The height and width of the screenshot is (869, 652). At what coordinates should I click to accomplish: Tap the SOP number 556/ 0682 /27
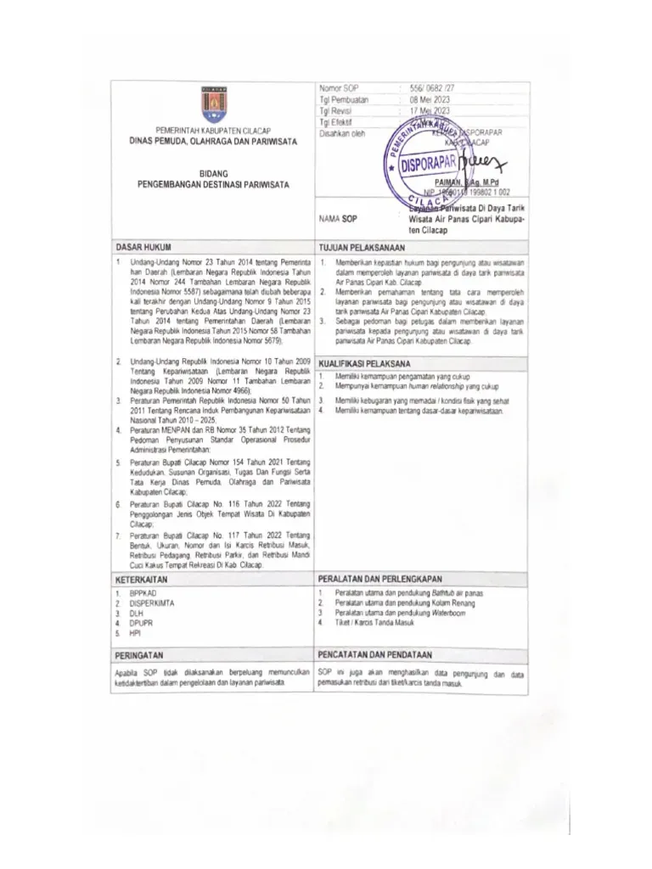coord(433,88)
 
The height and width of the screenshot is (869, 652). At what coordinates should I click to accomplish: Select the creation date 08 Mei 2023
coord(430,99)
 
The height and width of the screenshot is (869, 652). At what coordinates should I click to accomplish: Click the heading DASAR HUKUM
coord(143,244)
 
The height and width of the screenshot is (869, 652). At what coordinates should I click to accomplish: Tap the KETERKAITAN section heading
coord(142,577)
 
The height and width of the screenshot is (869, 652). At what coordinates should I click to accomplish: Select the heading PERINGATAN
coord(139,655)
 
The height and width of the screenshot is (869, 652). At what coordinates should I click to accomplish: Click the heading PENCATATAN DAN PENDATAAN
coord(374,655)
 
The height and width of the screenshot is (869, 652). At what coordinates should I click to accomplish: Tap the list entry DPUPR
coord(138,622)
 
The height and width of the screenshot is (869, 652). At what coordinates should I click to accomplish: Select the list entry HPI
coord(134,632)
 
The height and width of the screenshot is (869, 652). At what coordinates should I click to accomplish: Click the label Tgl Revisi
coord(334,110)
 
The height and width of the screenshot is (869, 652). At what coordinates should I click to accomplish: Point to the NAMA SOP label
coord(338,217)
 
